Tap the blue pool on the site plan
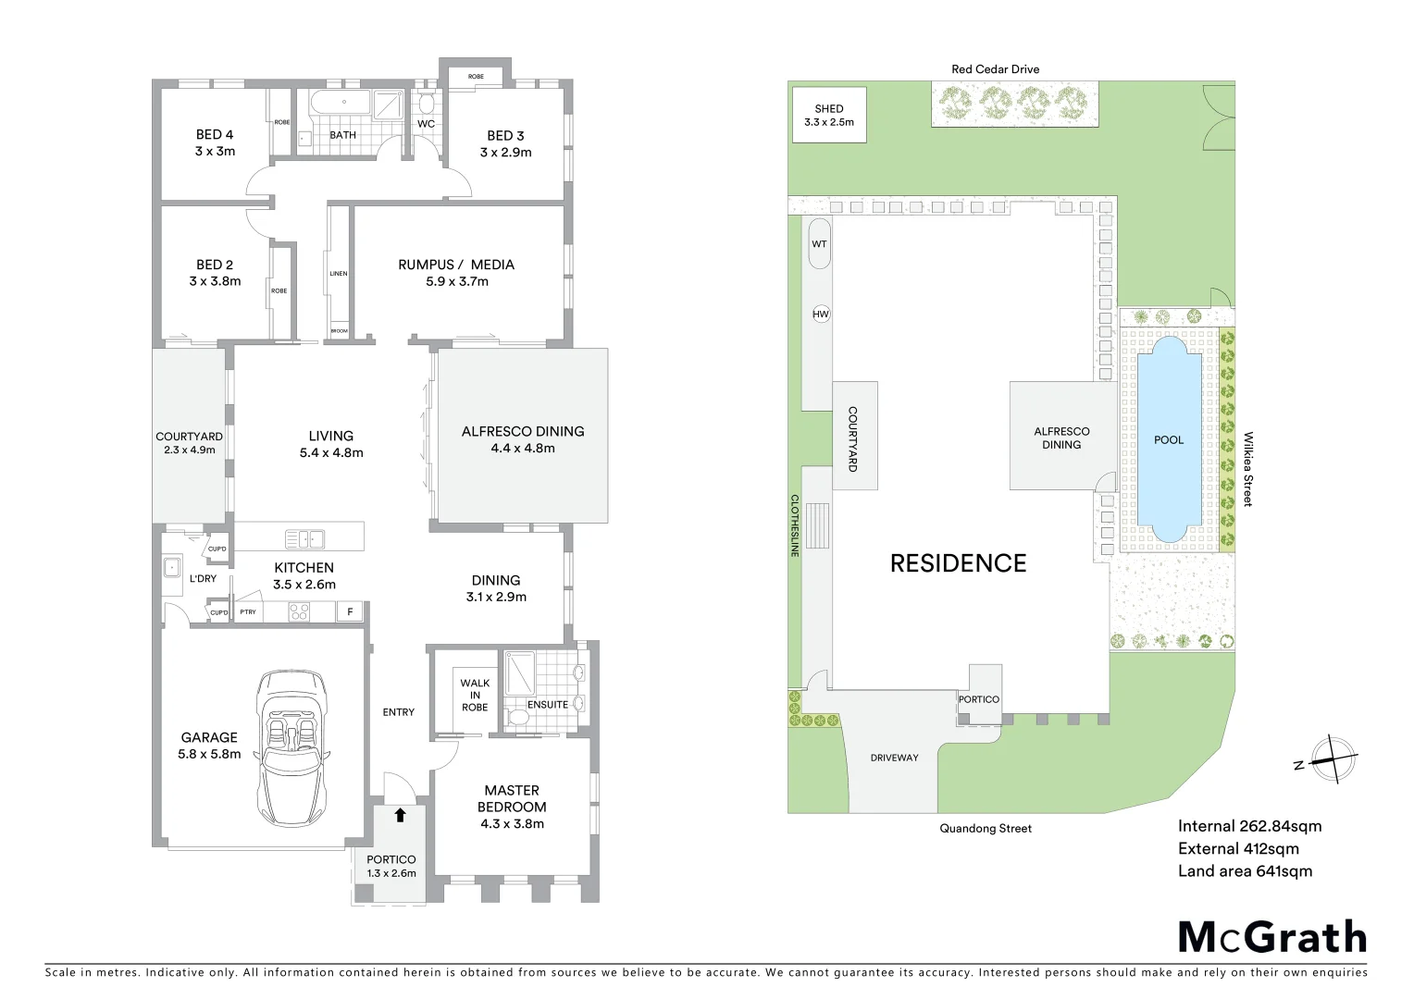point(1168,439)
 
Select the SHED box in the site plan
point(829,116)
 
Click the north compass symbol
point(1331,760)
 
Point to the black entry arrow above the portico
point(400,815)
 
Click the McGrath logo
point(1272,937)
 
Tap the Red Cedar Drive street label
point(995,69)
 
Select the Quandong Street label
point(986,829)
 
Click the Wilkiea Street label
point(1247,469)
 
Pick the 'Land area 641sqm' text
point(1245,871)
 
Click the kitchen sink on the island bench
point(304,538)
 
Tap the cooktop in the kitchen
point(299,611)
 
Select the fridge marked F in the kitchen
point(350,611)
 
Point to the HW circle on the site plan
point(821,314)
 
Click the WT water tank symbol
point(820,244)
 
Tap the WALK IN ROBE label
point(475,696)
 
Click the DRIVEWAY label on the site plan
point(895,758)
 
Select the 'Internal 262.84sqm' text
point(1249,827)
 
